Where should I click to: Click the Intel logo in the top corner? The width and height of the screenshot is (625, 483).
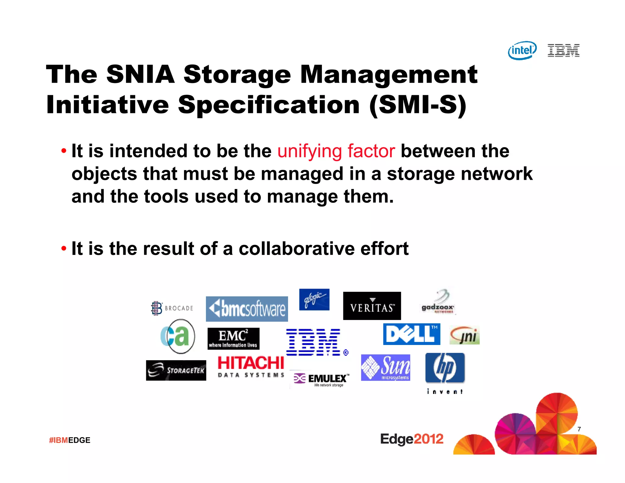coord(522,50)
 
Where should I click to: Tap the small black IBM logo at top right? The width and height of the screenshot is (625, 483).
coord(563,51)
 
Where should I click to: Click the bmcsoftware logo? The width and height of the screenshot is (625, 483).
coord(247,309)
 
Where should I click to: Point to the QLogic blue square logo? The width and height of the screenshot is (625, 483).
coord(314,300)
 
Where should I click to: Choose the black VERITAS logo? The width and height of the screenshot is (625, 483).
coord(372,306)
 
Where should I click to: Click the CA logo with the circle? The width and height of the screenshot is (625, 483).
coord(178,336)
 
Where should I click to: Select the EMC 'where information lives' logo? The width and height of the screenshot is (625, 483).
coord(233,339)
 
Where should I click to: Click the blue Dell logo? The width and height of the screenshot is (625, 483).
coord(411,334)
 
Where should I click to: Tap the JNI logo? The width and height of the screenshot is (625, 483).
coord(464,335)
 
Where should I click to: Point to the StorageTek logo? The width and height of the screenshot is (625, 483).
coord(176,370)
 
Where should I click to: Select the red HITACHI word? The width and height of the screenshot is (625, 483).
coord(251,363)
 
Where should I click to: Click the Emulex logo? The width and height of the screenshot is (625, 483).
coord(320,379)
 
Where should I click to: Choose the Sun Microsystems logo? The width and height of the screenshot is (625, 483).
coord(385,368)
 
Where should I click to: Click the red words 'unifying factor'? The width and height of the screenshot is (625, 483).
coord(336,151)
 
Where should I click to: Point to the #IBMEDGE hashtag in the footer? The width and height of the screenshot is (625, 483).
coord(70,440)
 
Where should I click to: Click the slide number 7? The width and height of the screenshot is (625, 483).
coord(579,429)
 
